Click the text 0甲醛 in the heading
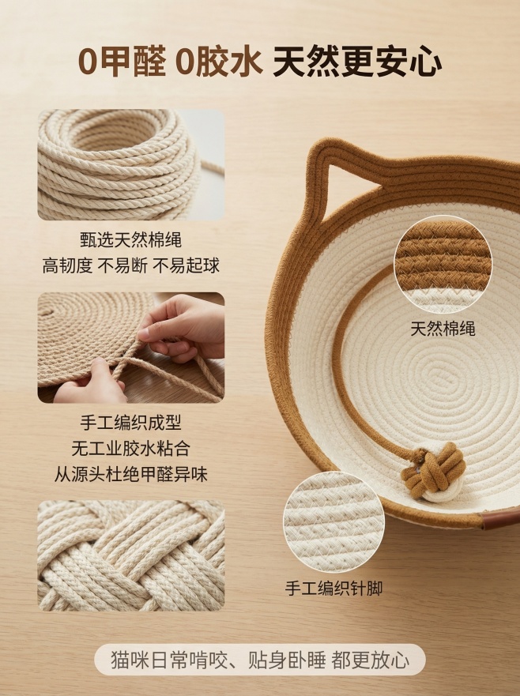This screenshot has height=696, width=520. (x=122, y=62)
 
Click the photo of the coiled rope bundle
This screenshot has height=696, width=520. (x=130, y=164)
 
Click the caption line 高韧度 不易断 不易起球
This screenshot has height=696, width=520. (x=130, y=266)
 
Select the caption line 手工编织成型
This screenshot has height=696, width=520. (x=130, y=423)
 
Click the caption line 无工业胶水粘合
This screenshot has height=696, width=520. (x=130, y=449)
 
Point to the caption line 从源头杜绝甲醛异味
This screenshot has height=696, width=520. (x=130, y=475)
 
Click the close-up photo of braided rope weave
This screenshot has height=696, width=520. (x=130, y=555)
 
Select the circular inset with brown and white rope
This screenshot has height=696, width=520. (x=443, y=264)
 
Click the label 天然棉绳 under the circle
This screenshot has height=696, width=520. (x=443, y=329)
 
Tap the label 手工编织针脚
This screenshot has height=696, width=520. (x=333, y=589)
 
